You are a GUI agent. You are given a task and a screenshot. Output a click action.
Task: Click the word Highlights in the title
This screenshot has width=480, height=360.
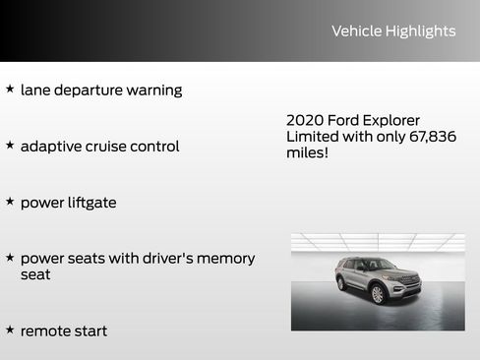420,31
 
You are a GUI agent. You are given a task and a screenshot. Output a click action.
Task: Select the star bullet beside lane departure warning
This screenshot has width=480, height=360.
10,89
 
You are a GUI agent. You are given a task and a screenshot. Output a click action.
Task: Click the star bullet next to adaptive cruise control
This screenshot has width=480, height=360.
10,145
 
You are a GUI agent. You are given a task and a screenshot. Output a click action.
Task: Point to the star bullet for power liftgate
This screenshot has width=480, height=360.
10,201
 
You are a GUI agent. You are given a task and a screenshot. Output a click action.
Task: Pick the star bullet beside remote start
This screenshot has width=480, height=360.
10,330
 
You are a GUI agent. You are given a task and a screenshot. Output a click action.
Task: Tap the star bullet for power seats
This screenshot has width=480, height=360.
10,257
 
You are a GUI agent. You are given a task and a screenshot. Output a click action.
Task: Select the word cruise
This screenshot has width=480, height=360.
113,147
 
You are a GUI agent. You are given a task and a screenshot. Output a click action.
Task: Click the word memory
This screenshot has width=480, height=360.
224,259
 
